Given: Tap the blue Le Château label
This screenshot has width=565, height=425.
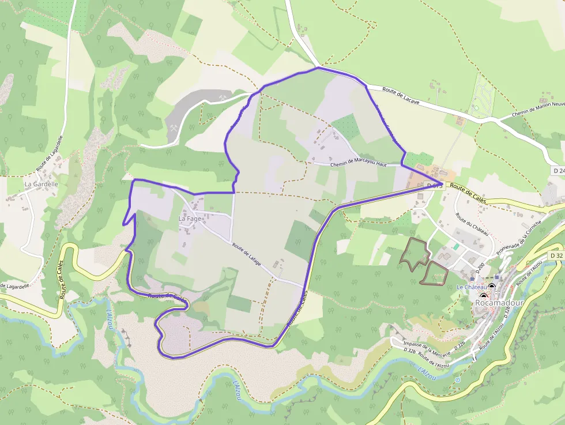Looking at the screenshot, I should (x=471, y=287).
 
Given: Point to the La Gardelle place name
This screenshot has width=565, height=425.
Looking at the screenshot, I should (x=42, y=184).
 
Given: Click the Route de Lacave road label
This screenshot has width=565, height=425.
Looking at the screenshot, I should (x=401, y=96).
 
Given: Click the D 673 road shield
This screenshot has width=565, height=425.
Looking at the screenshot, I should (x=434, y=185).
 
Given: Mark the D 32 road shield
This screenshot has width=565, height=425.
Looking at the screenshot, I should (x=555, y=255).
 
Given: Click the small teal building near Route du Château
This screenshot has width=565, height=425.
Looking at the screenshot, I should (x=457, y=246).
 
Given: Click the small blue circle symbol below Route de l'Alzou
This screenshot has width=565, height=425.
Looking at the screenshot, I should (x=458, y=380).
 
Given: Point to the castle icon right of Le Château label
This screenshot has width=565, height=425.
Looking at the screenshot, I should (x=492, y=287).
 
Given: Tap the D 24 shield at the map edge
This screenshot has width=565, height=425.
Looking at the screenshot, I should (x=558, y=171).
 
